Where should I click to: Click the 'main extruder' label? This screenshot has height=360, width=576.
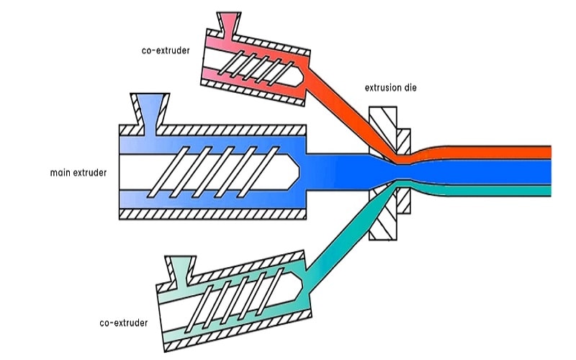[x=78, y=172]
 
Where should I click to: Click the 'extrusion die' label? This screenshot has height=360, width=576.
[x=390, y=88]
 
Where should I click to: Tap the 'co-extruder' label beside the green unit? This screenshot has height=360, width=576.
[x=123, y=323]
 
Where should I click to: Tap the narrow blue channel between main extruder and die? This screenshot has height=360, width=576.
[x=338, y=171]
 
